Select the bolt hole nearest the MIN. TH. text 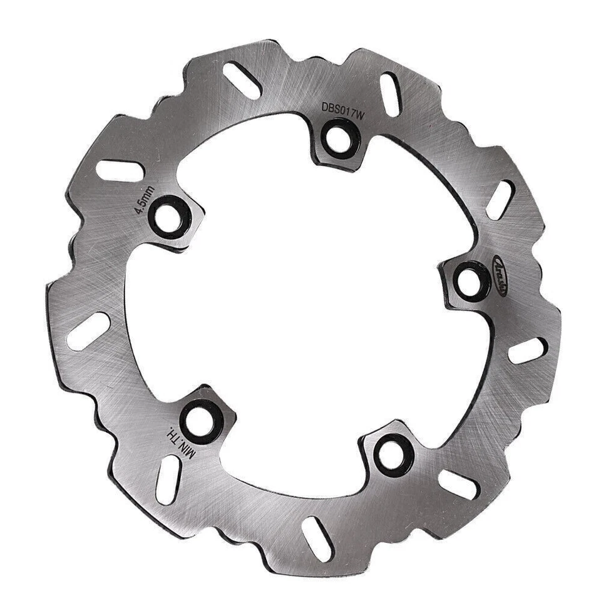point(202,416)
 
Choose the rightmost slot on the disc point(528,351)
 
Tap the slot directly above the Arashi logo point(501,200)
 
